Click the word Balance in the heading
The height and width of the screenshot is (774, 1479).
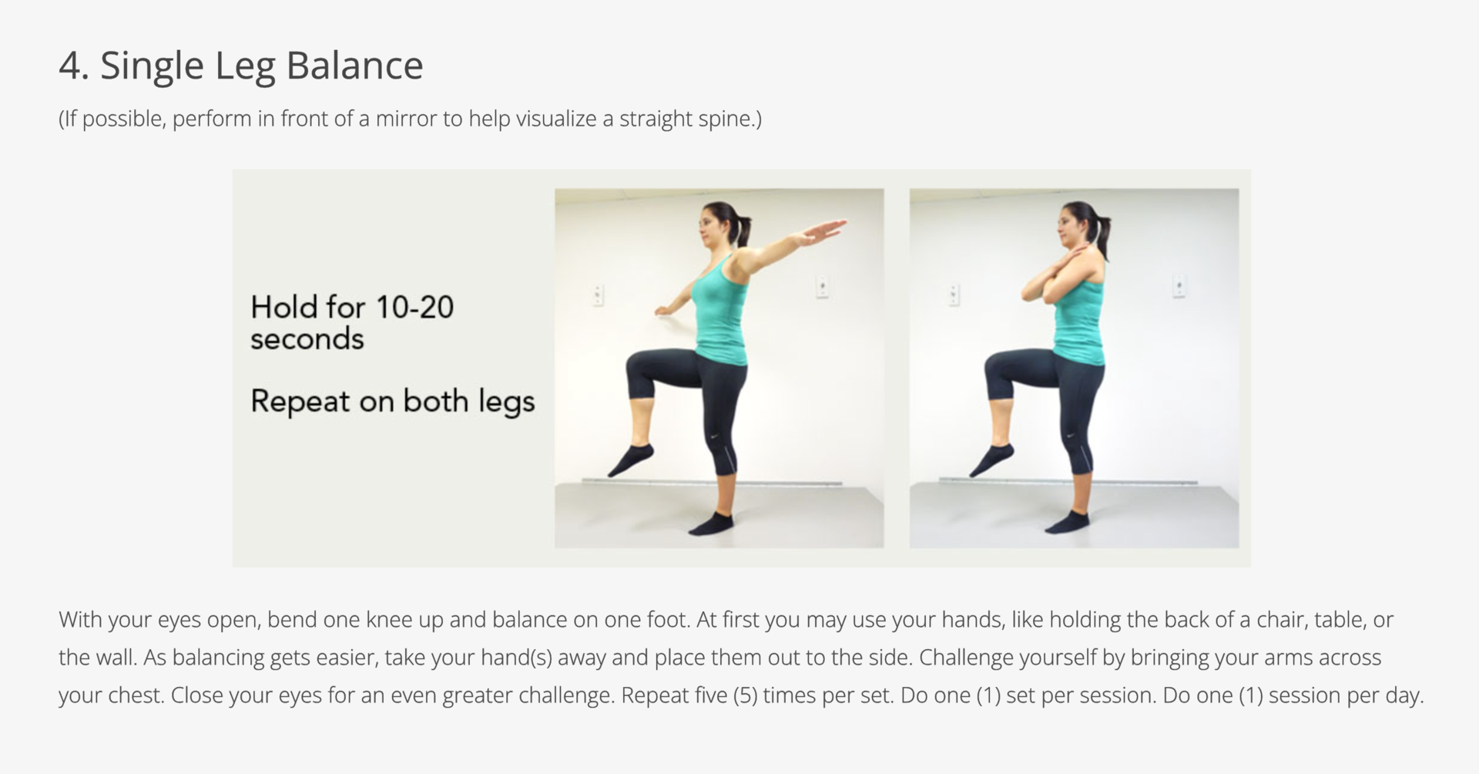click(x=355, y=65)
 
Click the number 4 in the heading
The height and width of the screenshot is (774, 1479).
click(x=69, y=66)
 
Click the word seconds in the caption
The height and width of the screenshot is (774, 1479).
click(x=307, y=339)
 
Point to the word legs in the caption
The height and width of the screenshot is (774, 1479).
click(x=506, y=402)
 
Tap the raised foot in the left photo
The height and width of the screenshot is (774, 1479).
click(x=630, y=459)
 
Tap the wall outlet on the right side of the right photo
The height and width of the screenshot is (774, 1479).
click(x=1179, y=285)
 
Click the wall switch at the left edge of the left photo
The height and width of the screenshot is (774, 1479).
click(x=598, y=294)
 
